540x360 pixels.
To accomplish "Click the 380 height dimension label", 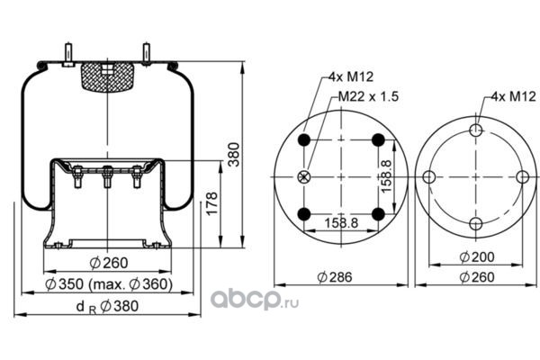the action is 234,154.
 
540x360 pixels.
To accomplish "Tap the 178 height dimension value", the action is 212,203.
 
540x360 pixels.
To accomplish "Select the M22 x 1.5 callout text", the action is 368,96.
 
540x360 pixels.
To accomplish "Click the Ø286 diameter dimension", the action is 335,277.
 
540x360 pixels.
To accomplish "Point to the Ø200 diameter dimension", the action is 477,256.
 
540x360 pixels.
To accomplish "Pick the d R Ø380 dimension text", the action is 107,306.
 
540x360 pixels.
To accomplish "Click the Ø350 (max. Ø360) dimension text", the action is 109,284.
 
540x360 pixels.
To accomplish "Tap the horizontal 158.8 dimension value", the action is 341,223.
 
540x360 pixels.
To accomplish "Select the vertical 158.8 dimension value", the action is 387,176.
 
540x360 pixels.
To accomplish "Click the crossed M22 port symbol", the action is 304,177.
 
